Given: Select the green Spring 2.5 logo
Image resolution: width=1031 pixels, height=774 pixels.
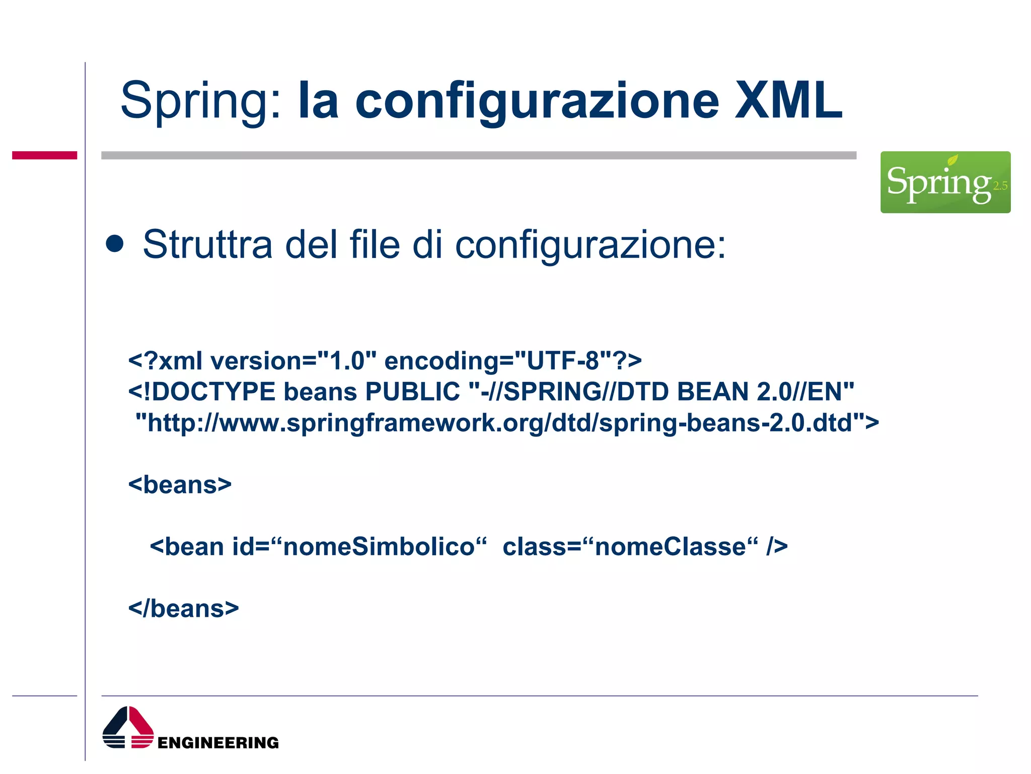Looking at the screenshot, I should tap(945, 182).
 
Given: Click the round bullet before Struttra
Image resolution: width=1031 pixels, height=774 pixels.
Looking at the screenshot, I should tap(115, 244).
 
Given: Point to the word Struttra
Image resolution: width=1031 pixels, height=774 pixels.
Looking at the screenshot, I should tap(207, 244).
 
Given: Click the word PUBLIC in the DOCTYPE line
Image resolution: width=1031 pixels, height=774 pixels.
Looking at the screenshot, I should tap(412, 392).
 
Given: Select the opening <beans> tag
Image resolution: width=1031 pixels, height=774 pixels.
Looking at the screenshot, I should tap(180, 485).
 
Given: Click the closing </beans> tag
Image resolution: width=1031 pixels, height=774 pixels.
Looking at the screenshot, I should tap(183, 609).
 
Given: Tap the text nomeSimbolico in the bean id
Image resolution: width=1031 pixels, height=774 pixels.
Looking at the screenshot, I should tap(379, 547).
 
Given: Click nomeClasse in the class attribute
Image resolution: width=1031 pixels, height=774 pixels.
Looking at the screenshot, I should tap(670, 547).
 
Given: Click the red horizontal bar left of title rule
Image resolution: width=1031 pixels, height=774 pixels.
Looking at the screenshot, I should tap(44, 155).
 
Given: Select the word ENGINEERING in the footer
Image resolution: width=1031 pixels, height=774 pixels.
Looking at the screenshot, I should tap(218, 743).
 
